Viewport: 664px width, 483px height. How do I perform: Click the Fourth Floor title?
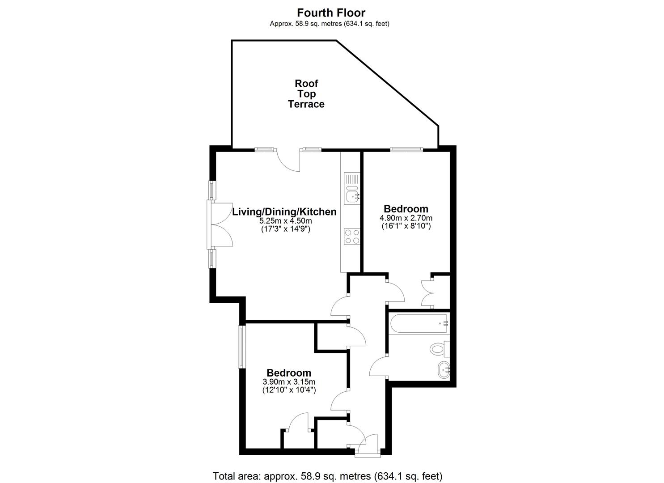[331, 13]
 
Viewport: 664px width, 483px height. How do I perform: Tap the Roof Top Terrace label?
[306, 94]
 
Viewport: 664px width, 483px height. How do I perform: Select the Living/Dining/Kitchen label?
[284, 212]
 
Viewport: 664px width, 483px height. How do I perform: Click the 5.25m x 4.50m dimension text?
[285, 221]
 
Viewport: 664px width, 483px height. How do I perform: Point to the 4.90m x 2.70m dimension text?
[406, 218]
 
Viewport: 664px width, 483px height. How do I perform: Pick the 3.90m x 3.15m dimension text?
[289, 382]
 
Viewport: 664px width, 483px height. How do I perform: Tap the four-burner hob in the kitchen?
[351, 236]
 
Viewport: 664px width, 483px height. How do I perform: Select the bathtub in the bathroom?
[418, 323]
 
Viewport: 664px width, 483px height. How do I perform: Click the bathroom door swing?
[378, 367]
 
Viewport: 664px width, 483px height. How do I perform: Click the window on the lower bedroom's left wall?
[241, 347]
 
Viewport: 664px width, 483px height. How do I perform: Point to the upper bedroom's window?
[406, 149]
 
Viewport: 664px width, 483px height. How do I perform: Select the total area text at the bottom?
[327, 476]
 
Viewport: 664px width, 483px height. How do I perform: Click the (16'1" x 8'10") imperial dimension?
[406, 226]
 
